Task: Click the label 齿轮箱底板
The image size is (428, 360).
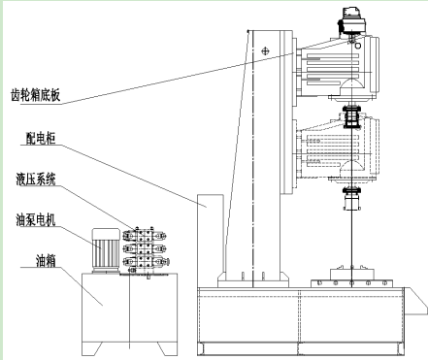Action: (x=36, y=95)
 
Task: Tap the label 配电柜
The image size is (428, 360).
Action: (x=41, y=138)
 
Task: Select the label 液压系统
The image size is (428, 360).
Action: (x=36, y=180)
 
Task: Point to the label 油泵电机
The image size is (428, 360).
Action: (x=36, y=220)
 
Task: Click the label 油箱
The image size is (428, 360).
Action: (x=46, y=261)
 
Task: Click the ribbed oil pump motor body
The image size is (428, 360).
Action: (x=106, y=250)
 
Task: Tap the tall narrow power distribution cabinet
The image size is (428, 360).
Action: (x=211, y=241)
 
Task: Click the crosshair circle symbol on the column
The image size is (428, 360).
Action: (x=265, y=50)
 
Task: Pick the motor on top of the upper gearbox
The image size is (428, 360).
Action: (x=351, y=22)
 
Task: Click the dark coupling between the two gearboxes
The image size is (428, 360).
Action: (x=351, y=117)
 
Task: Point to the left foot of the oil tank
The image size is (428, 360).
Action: (x=92, y=348)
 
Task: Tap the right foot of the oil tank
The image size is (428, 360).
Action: (x=167, y=348)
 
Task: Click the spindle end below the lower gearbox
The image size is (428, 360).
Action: (x=352, y=198)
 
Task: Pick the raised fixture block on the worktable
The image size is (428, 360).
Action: (x=352, y=274)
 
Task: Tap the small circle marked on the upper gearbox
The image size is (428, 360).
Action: (x=358, y=46)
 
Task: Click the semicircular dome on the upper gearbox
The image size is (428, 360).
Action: (x=352, y=83)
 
